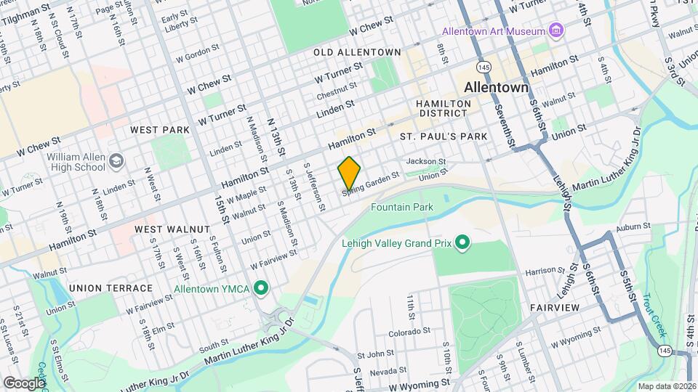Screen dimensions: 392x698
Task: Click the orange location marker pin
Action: click(349, 173)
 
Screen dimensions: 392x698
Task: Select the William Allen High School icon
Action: click(116, 160)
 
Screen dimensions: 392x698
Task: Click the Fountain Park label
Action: click(401, 208)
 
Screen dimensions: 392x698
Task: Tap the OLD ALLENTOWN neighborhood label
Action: click(357, 52)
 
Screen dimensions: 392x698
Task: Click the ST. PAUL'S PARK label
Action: click(443, 136)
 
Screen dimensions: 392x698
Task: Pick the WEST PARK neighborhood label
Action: click(159, 130)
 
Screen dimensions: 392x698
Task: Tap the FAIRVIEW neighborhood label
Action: click(554, 308)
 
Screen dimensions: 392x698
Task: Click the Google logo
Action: click(24, 383)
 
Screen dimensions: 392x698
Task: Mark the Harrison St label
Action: click(540, 271)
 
